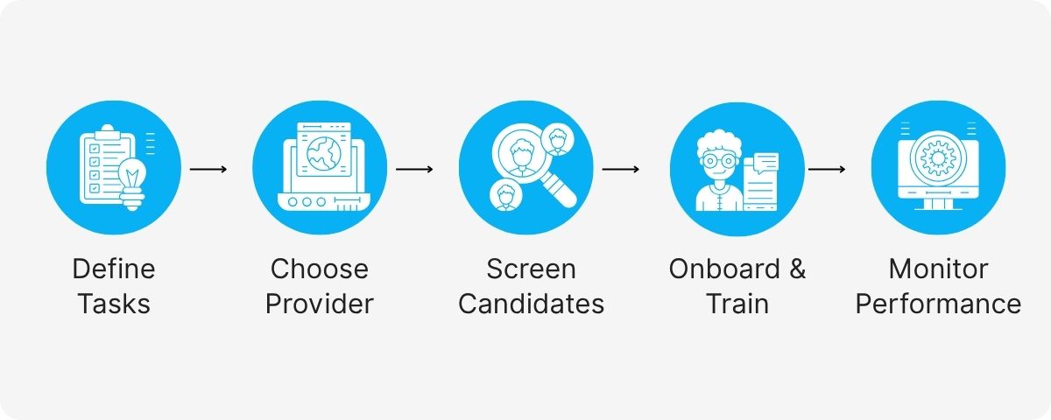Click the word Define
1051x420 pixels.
(113, 269)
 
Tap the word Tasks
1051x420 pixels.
(113, 304)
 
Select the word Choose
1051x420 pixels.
(320, 269)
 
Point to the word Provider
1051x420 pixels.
(320, 304)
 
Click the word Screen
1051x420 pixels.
(531, 269)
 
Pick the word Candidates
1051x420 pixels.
(531, 304)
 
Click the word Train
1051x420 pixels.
(737, 304)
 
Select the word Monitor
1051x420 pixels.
(938, 269)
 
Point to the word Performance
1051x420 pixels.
(938, 304)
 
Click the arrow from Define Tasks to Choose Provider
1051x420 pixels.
(208, 168)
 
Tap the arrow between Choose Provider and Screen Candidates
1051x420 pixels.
(414, 168)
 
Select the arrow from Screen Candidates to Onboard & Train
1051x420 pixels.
(620, 168)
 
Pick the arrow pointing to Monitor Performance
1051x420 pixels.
(826, 168)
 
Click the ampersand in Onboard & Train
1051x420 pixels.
(796, 269)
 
